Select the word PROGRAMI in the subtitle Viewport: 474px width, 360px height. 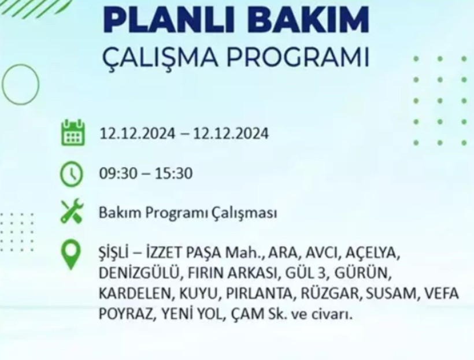click(x=305, y=58)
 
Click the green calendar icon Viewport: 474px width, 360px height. click(x=73, y=133)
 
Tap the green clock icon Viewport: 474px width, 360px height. click(x=73, y=173)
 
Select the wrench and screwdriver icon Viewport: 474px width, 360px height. click(x=73, y=212)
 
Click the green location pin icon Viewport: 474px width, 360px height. click(x=72, y=255)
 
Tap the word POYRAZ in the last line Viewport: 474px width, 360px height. click(x=121, y=315)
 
